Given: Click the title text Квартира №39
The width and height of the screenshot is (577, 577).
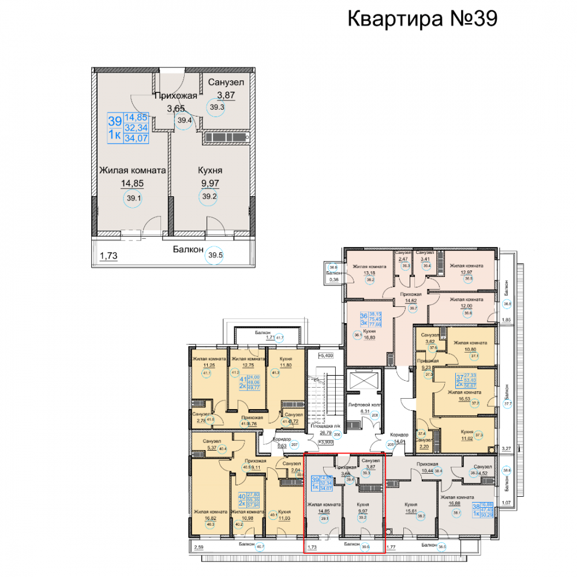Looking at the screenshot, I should [x=422, y=18].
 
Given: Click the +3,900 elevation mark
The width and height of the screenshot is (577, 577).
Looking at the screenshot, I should [x=326, y=441].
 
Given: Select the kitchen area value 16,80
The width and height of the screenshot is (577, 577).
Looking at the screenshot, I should [x=370, y=339].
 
